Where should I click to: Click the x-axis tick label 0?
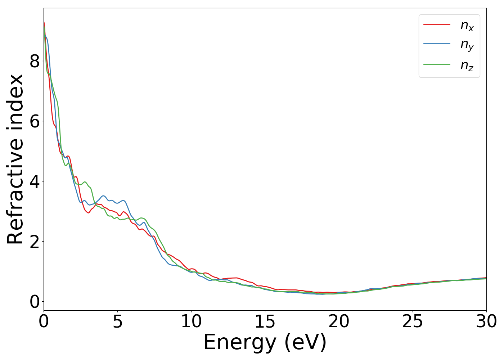click(x=44, y=321)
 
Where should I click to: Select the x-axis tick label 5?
click(x=117, y=321)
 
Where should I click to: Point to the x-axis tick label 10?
click(x=191, y=321)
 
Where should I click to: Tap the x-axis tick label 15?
click(x=265, y=321)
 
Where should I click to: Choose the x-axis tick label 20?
click(x=339, y=321)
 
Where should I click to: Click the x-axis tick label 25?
click(x=413, y=321)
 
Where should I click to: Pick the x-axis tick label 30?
click(x=486, y=321)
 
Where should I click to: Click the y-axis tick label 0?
click(x=35, y=302)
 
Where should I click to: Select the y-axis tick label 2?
click(x=35, y=242)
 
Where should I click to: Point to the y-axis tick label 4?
click(x=35, y=181)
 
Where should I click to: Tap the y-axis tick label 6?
click(x=35, y=121)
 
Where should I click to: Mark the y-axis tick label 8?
click(x=35, y=62)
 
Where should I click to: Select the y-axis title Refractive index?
click(x=15, y=159)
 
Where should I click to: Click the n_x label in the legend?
click(x=467, y=25)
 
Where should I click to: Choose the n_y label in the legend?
click(x=467, y=45)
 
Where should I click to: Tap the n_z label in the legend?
click(x=467, y=65)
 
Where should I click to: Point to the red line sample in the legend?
click(x=437, y=24)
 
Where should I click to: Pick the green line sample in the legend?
click(x=437, y=64)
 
